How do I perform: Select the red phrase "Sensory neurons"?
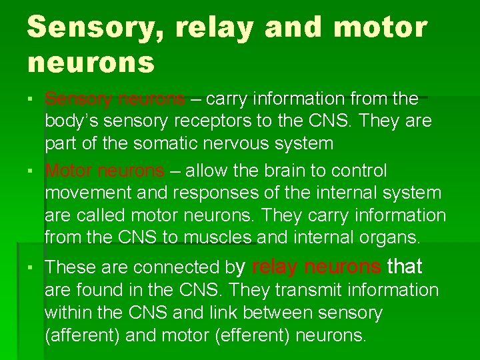115,99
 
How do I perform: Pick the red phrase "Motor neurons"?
105,171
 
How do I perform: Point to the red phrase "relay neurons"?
317,267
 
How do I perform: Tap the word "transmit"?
315,290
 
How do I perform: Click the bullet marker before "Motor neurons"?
33,171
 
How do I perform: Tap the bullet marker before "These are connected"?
33,268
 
